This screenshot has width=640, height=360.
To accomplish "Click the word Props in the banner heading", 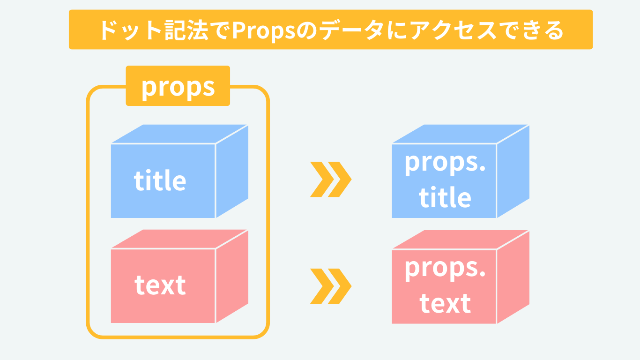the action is (x=263, y=31).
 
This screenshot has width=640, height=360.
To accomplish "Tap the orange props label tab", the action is (x=178, y=86).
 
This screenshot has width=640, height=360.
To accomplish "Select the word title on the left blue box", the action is (x=160, y=180).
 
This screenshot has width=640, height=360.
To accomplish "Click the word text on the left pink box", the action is (x=160, y=285).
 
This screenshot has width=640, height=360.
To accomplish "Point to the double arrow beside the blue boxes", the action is (x=331, y=179).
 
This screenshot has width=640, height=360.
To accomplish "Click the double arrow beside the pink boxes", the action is (x=331, y=286).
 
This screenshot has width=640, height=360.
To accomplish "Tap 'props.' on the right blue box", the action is (x=445, y=162).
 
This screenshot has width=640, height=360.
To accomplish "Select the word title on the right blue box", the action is (x=445, y=197).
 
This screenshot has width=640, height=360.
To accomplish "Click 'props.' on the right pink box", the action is (x=445, y=268).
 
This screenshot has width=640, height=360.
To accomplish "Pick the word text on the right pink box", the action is (x=445, y=303).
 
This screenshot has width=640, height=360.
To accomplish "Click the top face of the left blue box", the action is (x=179, y=134).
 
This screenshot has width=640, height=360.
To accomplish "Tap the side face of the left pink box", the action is (x=232, y=277).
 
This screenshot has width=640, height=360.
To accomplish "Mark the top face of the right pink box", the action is (x=460, y=240).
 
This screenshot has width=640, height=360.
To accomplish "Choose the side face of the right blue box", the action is (x=513, y=171).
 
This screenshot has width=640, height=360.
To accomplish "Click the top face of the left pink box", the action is (x=179, y=239).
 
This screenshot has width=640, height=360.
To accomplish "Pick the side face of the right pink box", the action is (x=513, y=277).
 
